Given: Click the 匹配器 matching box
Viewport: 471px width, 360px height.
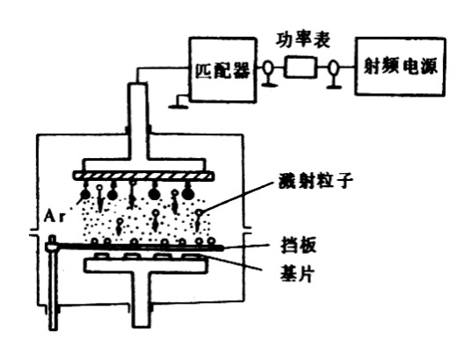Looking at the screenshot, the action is (223, 69).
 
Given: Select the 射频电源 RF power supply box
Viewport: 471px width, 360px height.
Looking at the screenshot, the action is (400, 67).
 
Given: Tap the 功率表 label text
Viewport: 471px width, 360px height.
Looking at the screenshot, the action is (302, 40).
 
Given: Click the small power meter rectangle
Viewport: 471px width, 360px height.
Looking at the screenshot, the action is (301, 67).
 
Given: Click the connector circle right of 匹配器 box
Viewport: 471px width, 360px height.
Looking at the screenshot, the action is (268, 68).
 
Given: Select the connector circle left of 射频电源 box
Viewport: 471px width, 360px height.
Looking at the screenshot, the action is (332, 68).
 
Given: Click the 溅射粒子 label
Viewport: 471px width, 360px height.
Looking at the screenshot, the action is (315, 181).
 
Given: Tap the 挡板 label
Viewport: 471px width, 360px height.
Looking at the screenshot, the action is (299, 246).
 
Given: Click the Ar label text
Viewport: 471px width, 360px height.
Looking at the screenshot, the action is (54, 216).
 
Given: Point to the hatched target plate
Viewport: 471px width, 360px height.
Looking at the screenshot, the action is (143, 176).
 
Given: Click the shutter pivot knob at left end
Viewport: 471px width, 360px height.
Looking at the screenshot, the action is (52, 245).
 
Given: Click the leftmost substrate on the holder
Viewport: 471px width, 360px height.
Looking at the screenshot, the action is (104, 256).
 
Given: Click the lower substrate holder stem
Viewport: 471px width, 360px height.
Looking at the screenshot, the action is (141, 299).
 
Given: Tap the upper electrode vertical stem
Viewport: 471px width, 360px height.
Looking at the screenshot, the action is (138, 121).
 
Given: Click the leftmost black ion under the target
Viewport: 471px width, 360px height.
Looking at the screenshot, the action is (85, 195).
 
